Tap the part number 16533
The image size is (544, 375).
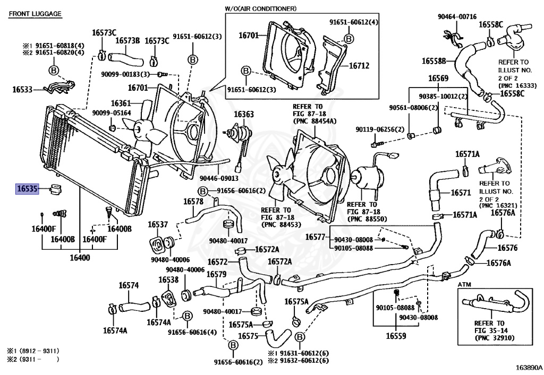(x=23, y=90)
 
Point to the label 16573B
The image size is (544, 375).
(x=127, y=40)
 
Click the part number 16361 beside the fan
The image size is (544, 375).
(x=121, y=103)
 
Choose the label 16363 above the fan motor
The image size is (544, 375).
(x=244, y=114)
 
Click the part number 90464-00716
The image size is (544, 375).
(x=457, y=17)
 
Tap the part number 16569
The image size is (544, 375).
(x=439, y=79)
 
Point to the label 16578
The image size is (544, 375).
(x=193, y=202)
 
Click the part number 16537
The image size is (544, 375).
(x=158, y=224)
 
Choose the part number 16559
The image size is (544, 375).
(x=396, y=336)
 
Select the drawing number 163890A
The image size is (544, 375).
(x=528, y=367)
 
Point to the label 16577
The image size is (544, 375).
(x=316, y=237)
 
